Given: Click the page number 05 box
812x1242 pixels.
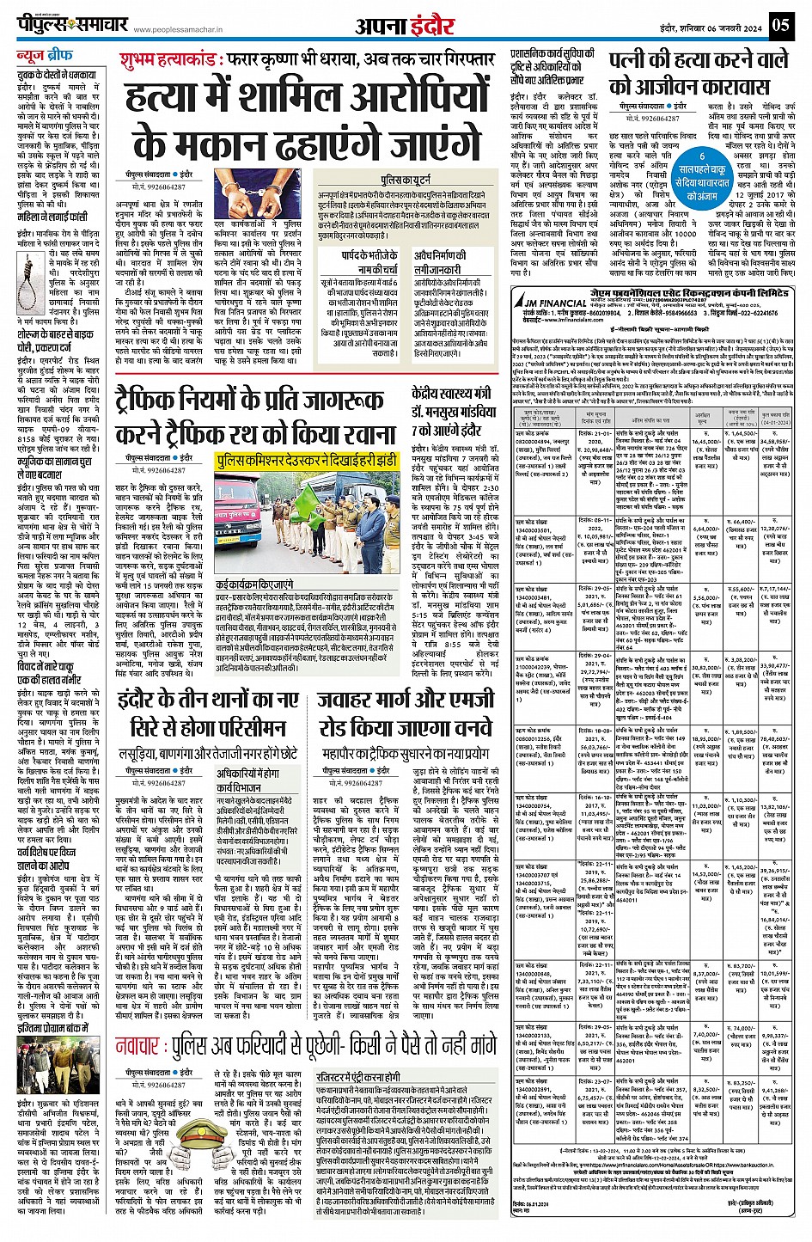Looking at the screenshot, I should (780, 25).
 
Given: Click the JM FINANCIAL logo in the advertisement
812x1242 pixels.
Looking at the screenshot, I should (553, 302).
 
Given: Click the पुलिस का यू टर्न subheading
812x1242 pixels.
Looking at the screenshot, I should (404, 181).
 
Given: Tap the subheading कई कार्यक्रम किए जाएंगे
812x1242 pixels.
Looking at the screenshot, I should (254, 584).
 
